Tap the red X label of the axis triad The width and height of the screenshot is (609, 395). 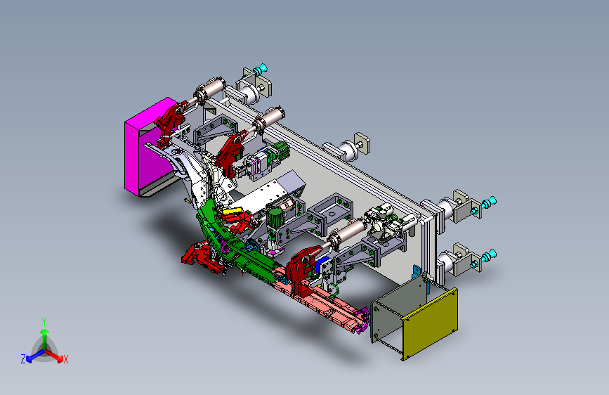(x=65, y=360)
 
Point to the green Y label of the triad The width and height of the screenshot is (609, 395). (x=44, y=322)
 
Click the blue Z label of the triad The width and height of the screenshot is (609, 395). (x=23, y=359)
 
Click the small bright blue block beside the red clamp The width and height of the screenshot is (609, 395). (x=322, y=265)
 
